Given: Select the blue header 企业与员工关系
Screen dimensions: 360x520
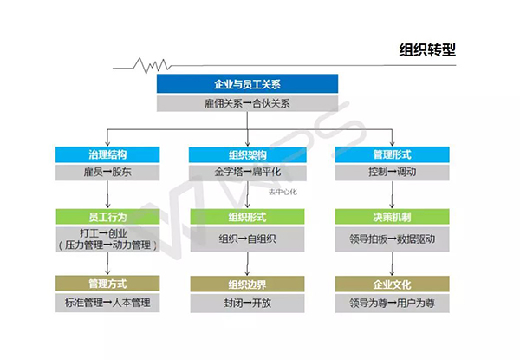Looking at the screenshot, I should click(x=247, y=85).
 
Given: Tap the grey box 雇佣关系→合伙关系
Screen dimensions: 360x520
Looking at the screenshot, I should click(x=247, y=103).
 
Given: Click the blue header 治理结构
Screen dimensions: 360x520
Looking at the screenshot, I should click(x=107, y=154).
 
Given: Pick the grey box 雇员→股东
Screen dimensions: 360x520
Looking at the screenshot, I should click(x=107, y=172).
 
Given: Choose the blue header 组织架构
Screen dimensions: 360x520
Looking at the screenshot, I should click(x=247, y=154).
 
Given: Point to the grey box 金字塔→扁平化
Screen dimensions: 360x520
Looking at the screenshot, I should click(x=247, y=172).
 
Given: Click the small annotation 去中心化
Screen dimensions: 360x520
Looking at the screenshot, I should click(x=283, y=192).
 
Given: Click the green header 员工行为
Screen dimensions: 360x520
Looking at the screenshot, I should click(x=107, y=216).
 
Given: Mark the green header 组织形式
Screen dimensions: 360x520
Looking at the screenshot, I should click(x=247, y=216).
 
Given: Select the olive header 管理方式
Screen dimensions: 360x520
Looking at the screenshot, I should click(x=107, y=283).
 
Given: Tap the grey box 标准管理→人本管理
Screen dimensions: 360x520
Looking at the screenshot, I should click(x=107, y=302).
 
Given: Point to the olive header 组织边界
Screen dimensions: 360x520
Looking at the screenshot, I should click(x=247, y=283).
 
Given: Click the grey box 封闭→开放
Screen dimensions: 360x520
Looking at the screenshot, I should click(x=247, y=302).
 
